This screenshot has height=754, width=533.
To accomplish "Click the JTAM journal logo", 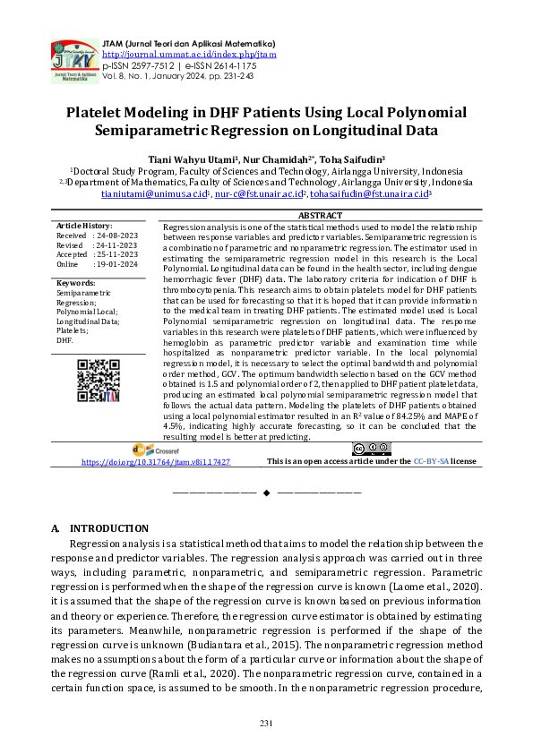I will click(73, 61).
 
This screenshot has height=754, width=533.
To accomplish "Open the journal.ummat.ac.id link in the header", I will click(189, 54).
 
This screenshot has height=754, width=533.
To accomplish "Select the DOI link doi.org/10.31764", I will click(155, 461).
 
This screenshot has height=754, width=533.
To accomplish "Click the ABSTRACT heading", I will click(319, 216).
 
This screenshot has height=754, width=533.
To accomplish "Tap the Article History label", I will click(84, 226).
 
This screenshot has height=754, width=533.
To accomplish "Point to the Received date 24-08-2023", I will click(116, 236).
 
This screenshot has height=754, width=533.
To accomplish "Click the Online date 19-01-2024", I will click(116, 264).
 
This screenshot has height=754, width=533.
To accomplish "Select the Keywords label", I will click(77, 283).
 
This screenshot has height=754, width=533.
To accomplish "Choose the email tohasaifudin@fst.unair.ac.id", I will click(370, 193).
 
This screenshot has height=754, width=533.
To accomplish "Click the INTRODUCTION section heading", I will click(108, 528).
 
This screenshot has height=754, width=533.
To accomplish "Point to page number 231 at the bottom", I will click(266, 723).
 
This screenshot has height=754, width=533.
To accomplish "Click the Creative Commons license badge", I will click(370, 449).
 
